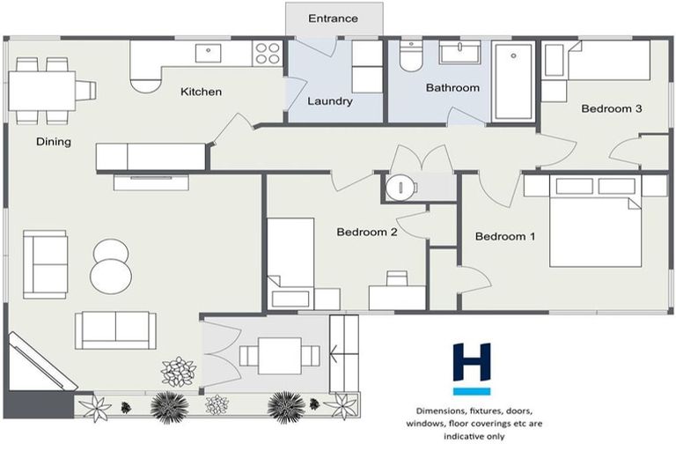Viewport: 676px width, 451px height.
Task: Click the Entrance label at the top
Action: click(x=333, y=18)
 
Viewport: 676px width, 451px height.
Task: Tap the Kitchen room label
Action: click(x=202, y=92)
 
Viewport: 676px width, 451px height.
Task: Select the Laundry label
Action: click(x=330, y=101)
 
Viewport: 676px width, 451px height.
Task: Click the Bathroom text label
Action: click(x=452, y=88)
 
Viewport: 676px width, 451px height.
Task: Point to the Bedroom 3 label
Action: click(x=611, y=109)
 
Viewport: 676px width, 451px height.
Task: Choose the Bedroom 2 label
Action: click(x=367, y=233)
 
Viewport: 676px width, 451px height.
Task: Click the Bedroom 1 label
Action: click(x=505, y=236)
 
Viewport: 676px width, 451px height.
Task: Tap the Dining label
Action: click(x=53, y=142)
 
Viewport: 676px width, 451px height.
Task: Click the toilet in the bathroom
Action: click(x=410, y=57)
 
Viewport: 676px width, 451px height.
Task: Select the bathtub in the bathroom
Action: click(x=513, y=82)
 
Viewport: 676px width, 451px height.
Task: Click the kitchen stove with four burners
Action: click(x=267, y=53)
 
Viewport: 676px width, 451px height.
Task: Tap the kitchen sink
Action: click(x=210, y=53)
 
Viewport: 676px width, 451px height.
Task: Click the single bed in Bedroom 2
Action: click(x=290, y=255)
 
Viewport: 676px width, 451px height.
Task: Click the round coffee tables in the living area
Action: click(x=113, y=265)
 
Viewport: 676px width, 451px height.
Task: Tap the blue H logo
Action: click(x=472, y=367)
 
